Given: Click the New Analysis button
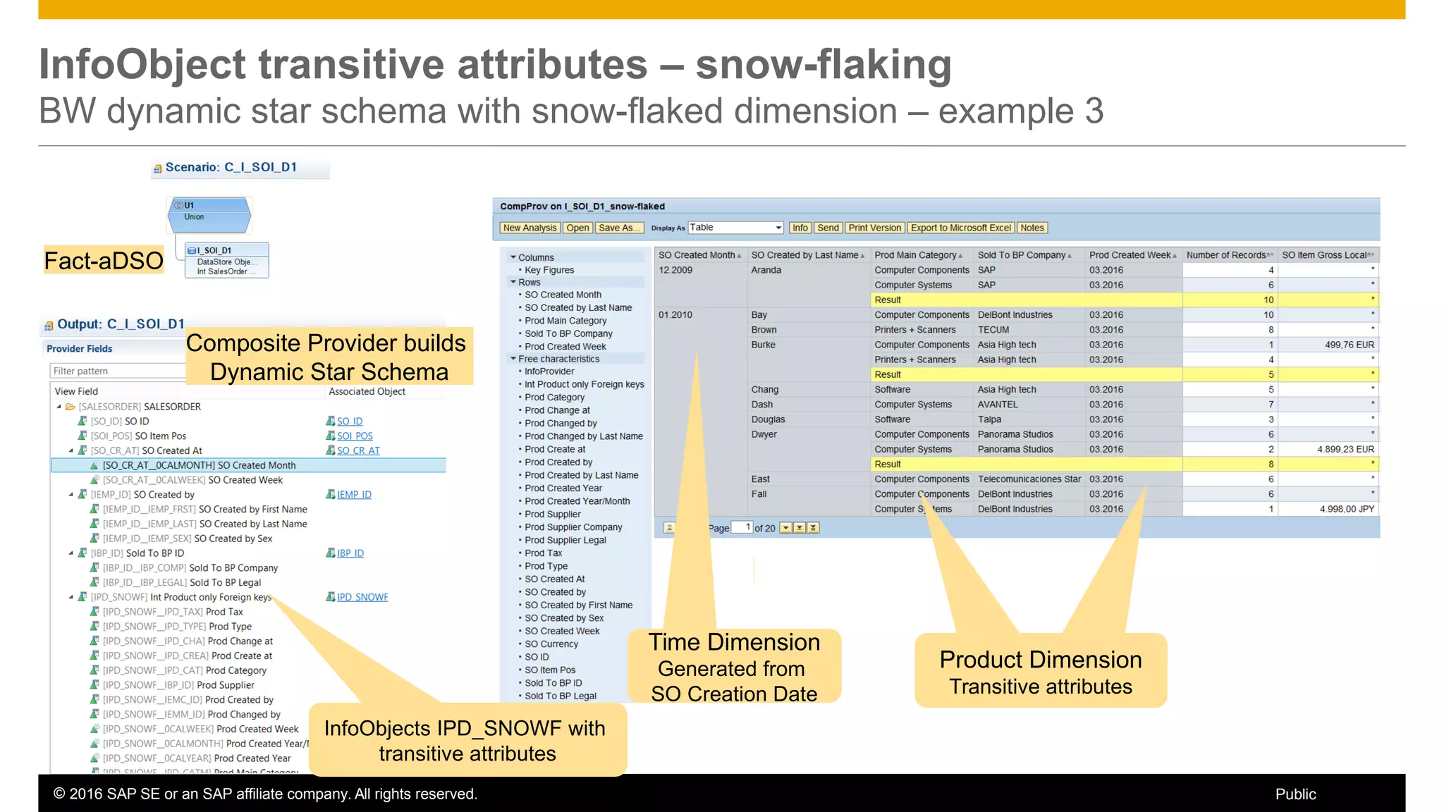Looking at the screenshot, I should (x=530, y=228).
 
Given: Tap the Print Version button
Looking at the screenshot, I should (x=874, y=228).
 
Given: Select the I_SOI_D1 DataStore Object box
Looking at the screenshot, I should (x=226, y=260).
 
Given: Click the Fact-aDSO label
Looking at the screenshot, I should (x=104, y=261).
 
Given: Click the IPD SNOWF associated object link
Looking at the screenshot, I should (x=362, y=597).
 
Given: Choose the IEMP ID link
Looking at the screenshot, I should (x=354, y=495).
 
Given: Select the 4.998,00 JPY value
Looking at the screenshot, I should (x=1347, y=509).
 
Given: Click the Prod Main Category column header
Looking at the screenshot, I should (x=915, y=255).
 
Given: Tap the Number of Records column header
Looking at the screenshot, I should (x=1226, y=255).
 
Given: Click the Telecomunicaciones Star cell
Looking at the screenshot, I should (x=1029, y=479).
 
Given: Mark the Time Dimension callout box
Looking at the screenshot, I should (x=734, y=667).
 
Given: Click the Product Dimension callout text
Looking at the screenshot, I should (x=1040, y=672).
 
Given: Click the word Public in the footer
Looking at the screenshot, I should (x=1295, y=794).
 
